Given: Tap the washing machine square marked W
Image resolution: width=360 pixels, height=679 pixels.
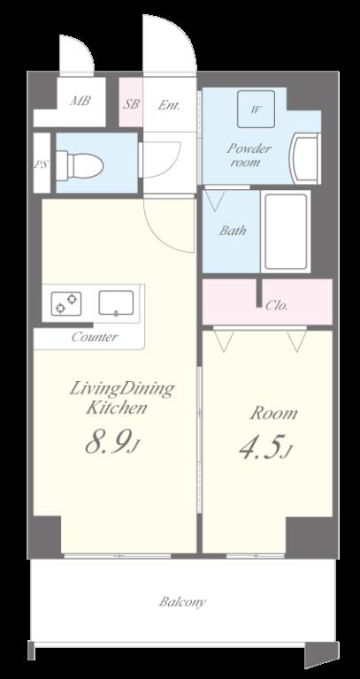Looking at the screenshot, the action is pyautogui.click(x=256, y=109).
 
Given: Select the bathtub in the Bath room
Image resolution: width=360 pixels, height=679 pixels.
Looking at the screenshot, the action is pyautogui.click(x=286, y=232).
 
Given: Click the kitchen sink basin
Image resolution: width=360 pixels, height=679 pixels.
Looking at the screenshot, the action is pyautogui.click(x=116, y=302).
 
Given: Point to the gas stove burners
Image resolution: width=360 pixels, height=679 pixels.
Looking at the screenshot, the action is pyautogui.click(x=66, y=303).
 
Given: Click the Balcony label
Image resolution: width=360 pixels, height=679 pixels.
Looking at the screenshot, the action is pyautogui.click(x=182, y=602).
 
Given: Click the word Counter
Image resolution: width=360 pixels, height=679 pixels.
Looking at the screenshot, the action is pyautogui.click(x=95, y=337).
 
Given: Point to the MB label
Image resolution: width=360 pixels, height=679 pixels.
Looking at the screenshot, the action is pyautogui.click(x=80, y=101).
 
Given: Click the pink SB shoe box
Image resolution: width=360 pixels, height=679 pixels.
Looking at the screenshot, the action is pyautogui.click(x=131, y=103).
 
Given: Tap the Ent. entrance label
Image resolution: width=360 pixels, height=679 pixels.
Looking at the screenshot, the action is pyautogui.click(x=169, y=105).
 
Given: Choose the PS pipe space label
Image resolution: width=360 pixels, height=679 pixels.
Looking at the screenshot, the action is pyautogui.click(x=42, y=164).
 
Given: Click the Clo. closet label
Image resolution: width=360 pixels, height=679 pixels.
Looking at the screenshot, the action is pyautogui.click(x=276, y=306).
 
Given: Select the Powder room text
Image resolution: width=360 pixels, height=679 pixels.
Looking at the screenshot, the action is pyautogui.click(x=249, y=155).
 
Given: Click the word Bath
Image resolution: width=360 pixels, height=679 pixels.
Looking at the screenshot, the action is pyautogui.click(x=233, y=230).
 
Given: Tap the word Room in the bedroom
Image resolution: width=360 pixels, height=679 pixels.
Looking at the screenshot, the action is pyautogui.click(x=273, y=414).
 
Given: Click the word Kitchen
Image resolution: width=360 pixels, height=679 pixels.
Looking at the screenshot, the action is pyautogui.click(x=116, y=408).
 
